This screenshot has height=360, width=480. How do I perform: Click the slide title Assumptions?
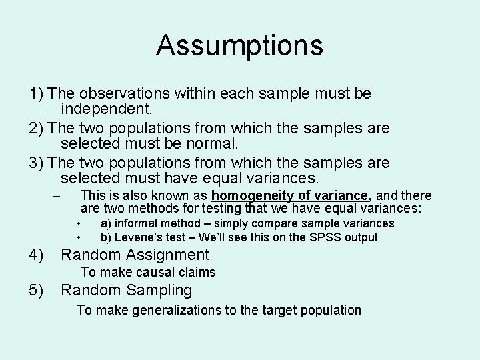click(x=239, y=45)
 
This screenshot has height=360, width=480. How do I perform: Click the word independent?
click(x=107, y=109)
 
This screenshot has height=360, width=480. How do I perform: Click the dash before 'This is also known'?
click(x=56, y=196)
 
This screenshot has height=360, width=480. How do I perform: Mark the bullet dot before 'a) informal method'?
click(x=79, y=223)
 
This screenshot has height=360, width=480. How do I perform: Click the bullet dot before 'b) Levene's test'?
click(x=79, y=237)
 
